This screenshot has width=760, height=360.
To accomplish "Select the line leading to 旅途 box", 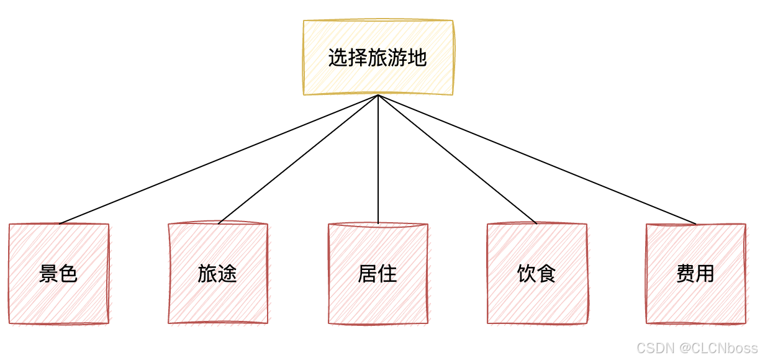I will (x=298, y=160).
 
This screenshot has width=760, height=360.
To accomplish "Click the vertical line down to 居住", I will (x=378, y=160).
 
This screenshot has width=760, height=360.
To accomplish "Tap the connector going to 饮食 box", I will (x=458, y=160).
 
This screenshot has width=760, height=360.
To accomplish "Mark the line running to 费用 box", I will (x=537, y=160).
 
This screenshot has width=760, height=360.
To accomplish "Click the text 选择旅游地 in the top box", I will (x=378, y=58).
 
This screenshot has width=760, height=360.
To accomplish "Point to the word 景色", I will (x=58, y=274).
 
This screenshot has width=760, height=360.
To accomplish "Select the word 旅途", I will (x=217, y=274).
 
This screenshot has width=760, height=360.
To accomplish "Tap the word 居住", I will (x=378, y=274).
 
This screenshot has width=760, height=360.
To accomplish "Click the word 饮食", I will (x=536, y=274).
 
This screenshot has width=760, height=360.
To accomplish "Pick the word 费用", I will (x=695, y=274).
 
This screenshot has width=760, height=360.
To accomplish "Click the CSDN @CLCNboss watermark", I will (x=697, y=348).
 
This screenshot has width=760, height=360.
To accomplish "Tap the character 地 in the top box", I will (x=417, y=58).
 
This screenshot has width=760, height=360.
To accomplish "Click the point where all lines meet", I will (x=378, y=96).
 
